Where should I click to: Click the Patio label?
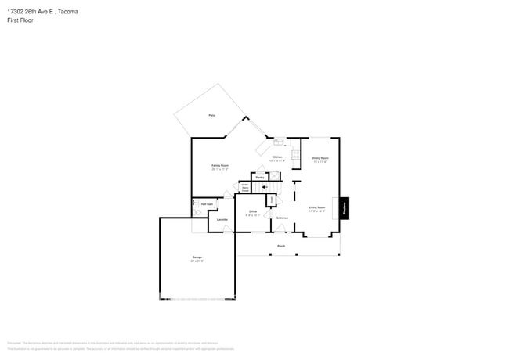(211, 116)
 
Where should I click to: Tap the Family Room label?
(220, 165)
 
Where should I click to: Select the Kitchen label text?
(276, 157)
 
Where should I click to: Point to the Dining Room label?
(319, 158)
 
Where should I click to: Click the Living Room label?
(316, 207)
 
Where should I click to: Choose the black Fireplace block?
(344, 207)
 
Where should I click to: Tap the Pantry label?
(259, 177)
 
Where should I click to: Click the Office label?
(253, 211)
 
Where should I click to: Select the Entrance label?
(282, 218)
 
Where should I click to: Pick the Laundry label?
(222, 219)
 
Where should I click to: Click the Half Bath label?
(207, 203)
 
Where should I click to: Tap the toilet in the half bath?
(197, 211)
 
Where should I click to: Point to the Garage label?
(197, 257)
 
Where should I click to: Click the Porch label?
(280, 246)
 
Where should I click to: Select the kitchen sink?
(278, 142)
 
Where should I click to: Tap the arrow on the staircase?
(265, 187)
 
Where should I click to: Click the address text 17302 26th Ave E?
(31, 12)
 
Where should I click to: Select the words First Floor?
(20, 20)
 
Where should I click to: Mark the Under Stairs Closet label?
(245, 188)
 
